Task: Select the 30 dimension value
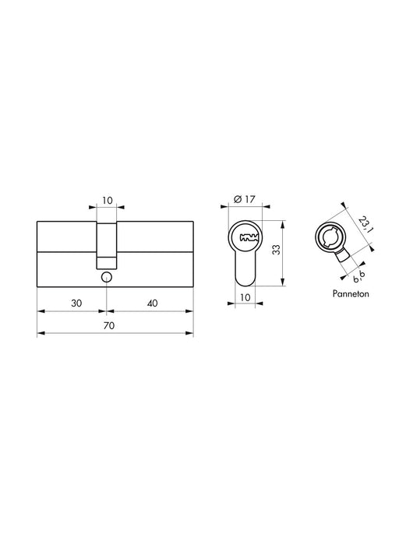[x=76, y=303]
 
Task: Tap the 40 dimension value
[x=152, y=303]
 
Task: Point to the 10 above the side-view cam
[x=107, y=201]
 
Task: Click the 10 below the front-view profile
[x=246, y=297]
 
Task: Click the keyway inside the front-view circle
[x=248, y=237]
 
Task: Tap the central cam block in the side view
[x=106, y=241]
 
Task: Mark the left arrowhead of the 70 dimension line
[x=41, y=333]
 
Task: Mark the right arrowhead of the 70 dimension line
[x=190, y=333]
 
